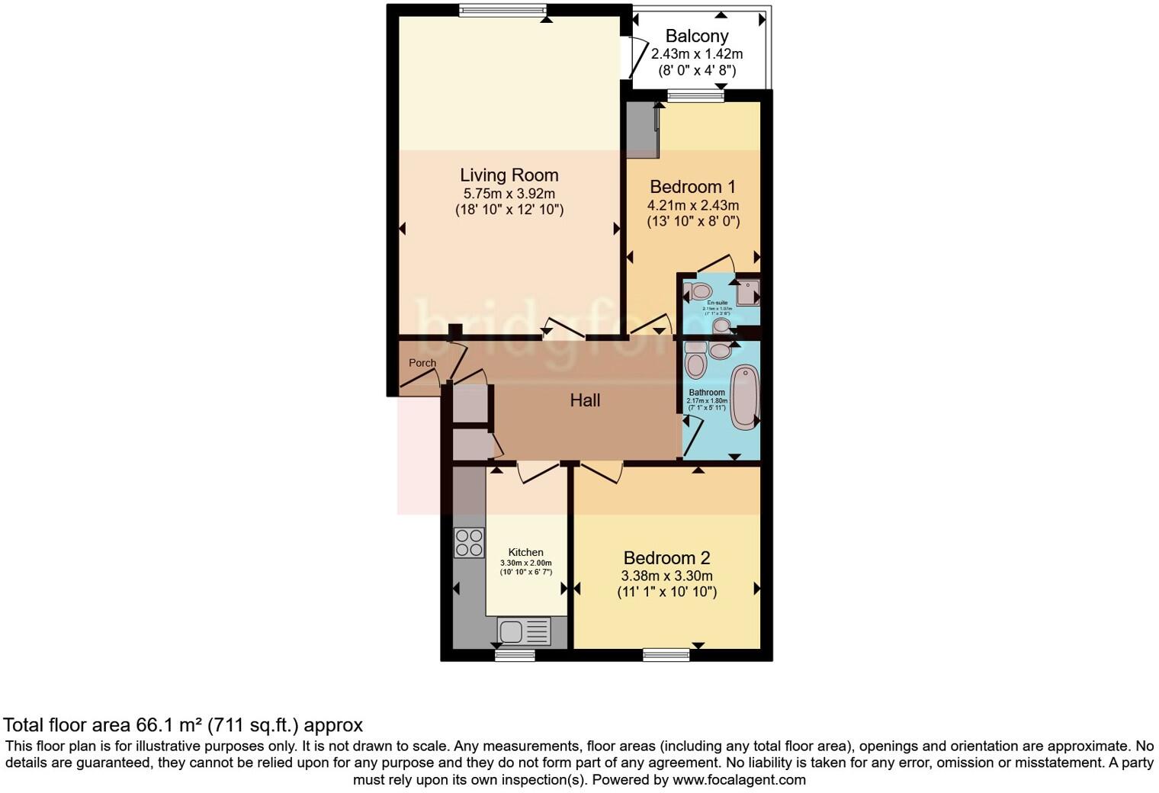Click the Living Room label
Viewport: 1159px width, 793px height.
(509, 175)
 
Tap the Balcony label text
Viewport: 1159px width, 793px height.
(696, 36)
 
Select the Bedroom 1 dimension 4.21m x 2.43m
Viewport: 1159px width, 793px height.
(692, 205)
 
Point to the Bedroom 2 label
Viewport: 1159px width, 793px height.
(666, 558)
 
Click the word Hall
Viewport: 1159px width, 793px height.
(585, 400)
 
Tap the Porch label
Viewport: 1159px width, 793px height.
(422, 363)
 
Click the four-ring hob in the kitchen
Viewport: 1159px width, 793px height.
(469, 543)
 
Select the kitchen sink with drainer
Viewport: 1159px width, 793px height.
(523, 631)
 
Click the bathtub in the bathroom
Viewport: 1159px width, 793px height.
(743, 396)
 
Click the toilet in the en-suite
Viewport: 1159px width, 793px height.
(698, 291)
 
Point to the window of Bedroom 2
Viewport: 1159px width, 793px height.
(666, 653)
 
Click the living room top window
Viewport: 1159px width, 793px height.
(502, 10)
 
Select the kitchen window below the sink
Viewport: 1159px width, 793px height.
(515, 654)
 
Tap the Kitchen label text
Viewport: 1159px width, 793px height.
(526, 552)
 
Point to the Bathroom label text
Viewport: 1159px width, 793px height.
(707, 392)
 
